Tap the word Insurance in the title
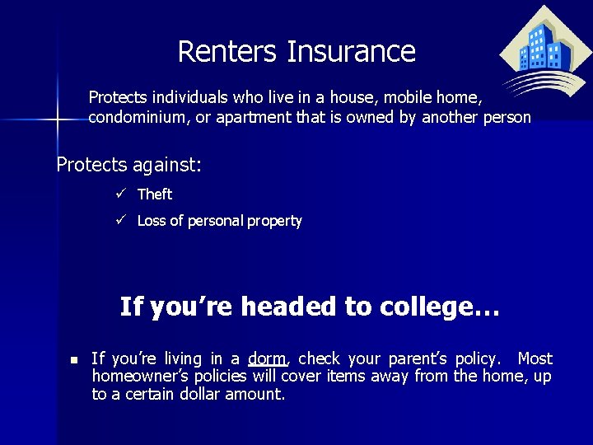(x=351, y=52)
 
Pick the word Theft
(x=155, y=194)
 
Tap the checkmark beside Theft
(x=120, y=194)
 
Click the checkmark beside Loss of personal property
(x=120, y=220)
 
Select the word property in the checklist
(x=275, y=221)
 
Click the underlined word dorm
(x=267, y=359)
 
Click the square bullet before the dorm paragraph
(x=73, y=360)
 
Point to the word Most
(x=535, y=358)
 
